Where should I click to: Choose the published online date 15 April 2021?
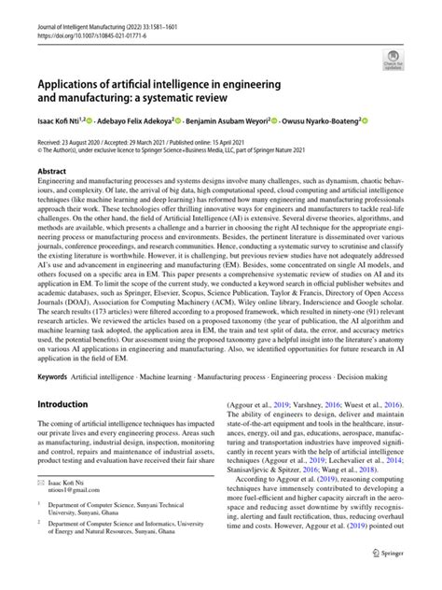277,139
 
